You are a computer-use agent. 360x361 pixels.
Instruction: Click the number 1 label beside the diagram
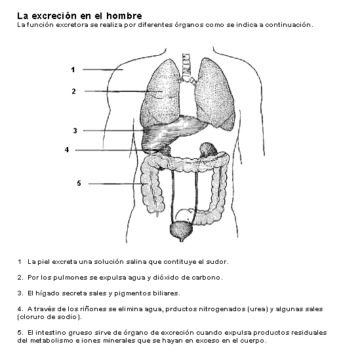(73, 70)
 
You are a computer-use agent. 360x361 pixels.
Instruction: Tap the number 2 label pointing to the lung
(73, 91)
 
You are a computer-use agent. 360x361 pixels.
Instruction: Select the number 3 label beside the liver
(75, 131)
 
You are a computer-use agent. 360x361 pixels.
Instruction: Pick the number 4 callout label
(67, 150)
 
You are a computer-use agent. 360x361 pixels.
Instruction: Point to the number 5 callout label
(79, 183)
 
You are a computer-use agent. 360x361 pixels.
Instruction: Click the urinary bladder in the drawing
(181, 230)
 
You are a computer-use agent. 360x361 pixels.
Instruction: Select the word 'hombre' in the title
(124, 16)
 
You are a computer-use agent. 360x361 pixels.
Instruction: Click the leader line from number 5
(115, 184)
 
